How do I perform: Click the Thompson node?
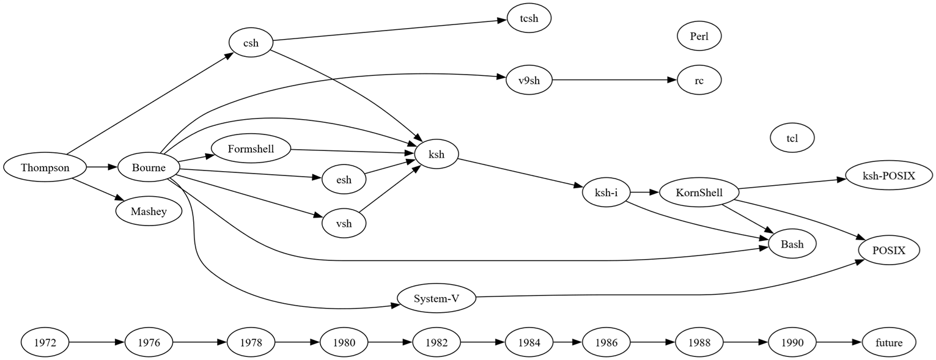[x=45, y=167]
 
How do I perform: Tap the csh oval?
[x=251, y=43]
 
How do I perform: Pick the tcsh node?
[x=529, y=18]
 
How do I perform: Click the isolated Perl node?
[x=699, y=36]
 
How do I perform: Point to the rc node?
[x=699, y=80]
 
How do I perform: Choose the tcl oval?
[x=792, y=138]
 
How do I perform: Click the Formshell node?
[x=250, y=149]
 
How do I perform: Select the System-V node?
[x=436, y=298]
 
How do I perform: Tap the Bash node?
[x=792, y=244]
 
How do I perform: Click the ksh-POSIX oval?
[x=888, y=176]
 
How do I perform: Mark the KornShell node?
[x=699, y=193]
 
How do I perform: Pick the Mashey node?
[x=148, y=211]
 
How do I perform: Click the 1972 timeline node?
[x=45, y=343]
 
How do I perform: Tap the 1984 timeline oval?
[x=529, y=343]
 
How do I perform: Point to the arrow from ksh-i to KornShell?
[x=643, y=193]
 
